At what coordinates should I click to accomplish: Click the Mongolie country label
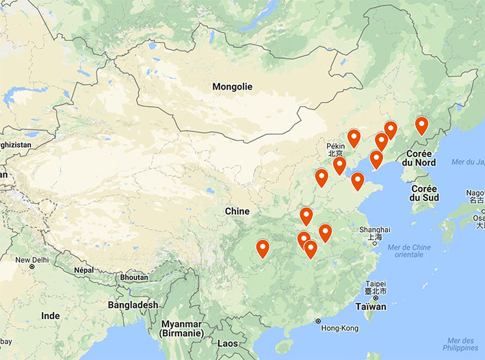(x=232, y=87)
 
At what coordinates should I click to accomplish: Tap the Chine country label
(x=237, y=211)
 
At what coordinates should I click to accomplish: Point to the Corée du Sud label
(x=423, y=193)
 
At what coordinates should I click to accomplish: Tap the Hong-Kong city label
(x=339, y=329)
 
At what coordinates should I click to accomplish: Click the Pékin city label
(x=335, y=146)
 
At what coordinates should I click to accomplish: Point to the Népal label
(x=83, y=270)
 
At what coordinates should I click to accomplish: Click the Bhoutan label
(x=133, y=278)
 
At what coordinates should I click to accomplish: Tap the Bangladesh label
(x=133, y=305)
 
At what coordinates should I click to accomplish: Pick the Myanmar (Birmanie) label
(x=181, y=329)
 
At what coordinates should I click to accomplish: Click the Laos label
(x=228, y=343)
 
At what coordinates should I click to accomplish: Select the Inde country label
(x=50, y=316)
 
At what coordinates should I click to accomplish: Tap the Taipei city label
(x=376, y=283)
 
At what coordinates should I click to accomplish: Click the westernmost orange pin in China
(x=262, y=248)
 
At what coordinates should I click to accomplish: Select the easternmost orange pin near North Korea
(x=421, y=125)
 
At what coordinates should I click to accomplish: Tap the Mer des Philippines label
(x=459, y=344)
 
